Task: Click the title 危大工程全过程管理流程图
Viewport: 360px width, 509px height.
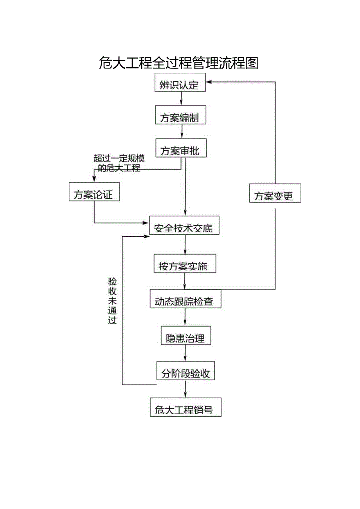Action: tap(179, 63)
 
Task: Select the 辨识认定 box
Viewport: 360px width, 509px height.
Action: tap(180, 84)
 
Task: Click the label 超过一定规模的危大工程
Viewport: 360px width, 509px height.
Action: tap(119, 164)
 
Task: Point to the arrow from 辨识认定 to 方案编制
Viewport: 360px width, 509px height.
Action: tap(181, 99)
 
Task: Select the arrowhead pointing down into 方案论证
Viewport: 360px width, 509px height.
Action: tap(94, 179)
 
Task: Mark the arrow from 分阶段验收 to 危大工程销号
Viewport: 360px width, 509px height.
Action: tap(185, 390)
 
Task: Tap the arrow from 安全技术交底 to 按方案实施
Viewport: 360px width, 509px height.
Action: tap(185, 245)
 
